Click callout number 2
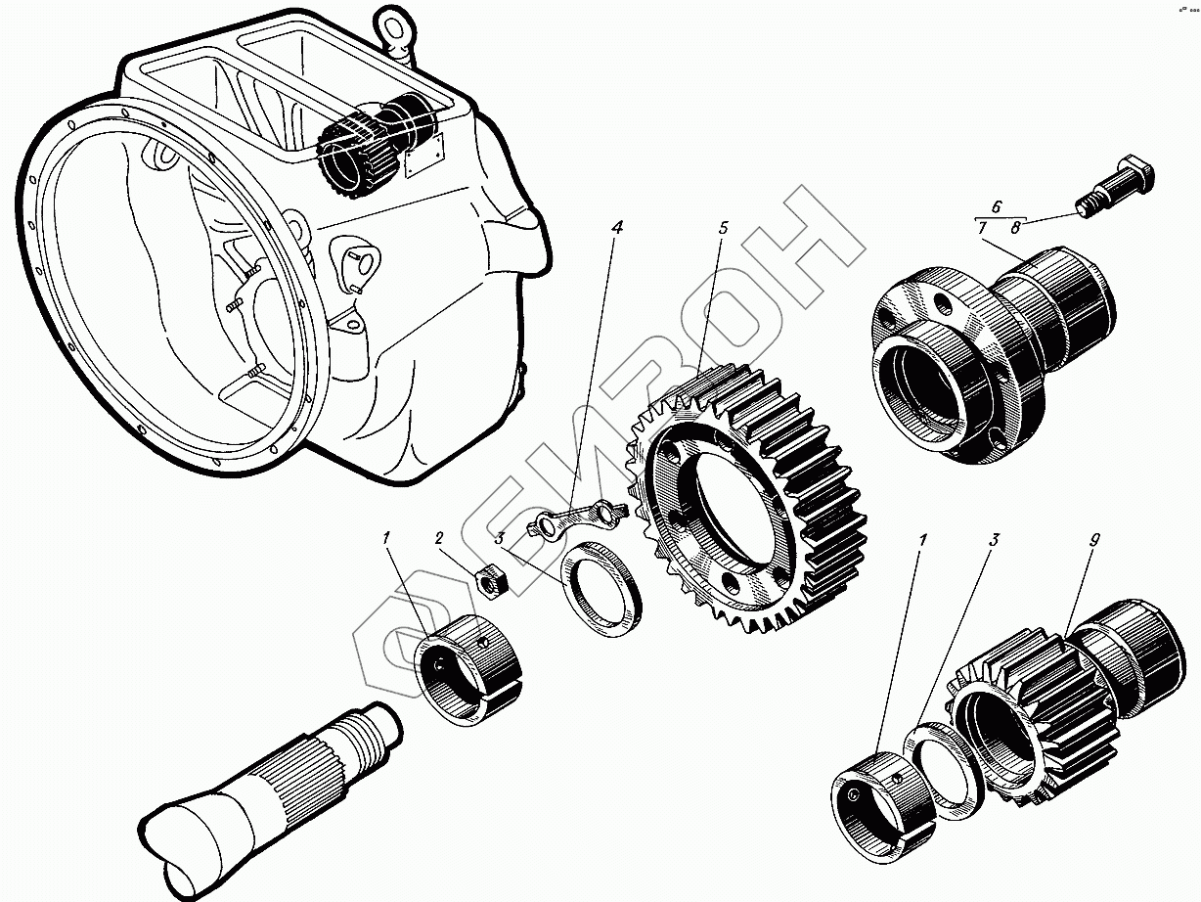pos(439,538)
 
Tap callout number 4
pos(616,227)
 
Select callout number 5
pos(722,228)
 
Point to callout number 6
pos(997,206)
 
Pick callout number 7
pos(982,228)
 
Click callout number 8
pos(1015,228)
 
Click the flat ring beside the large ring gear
pos(600,592)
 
